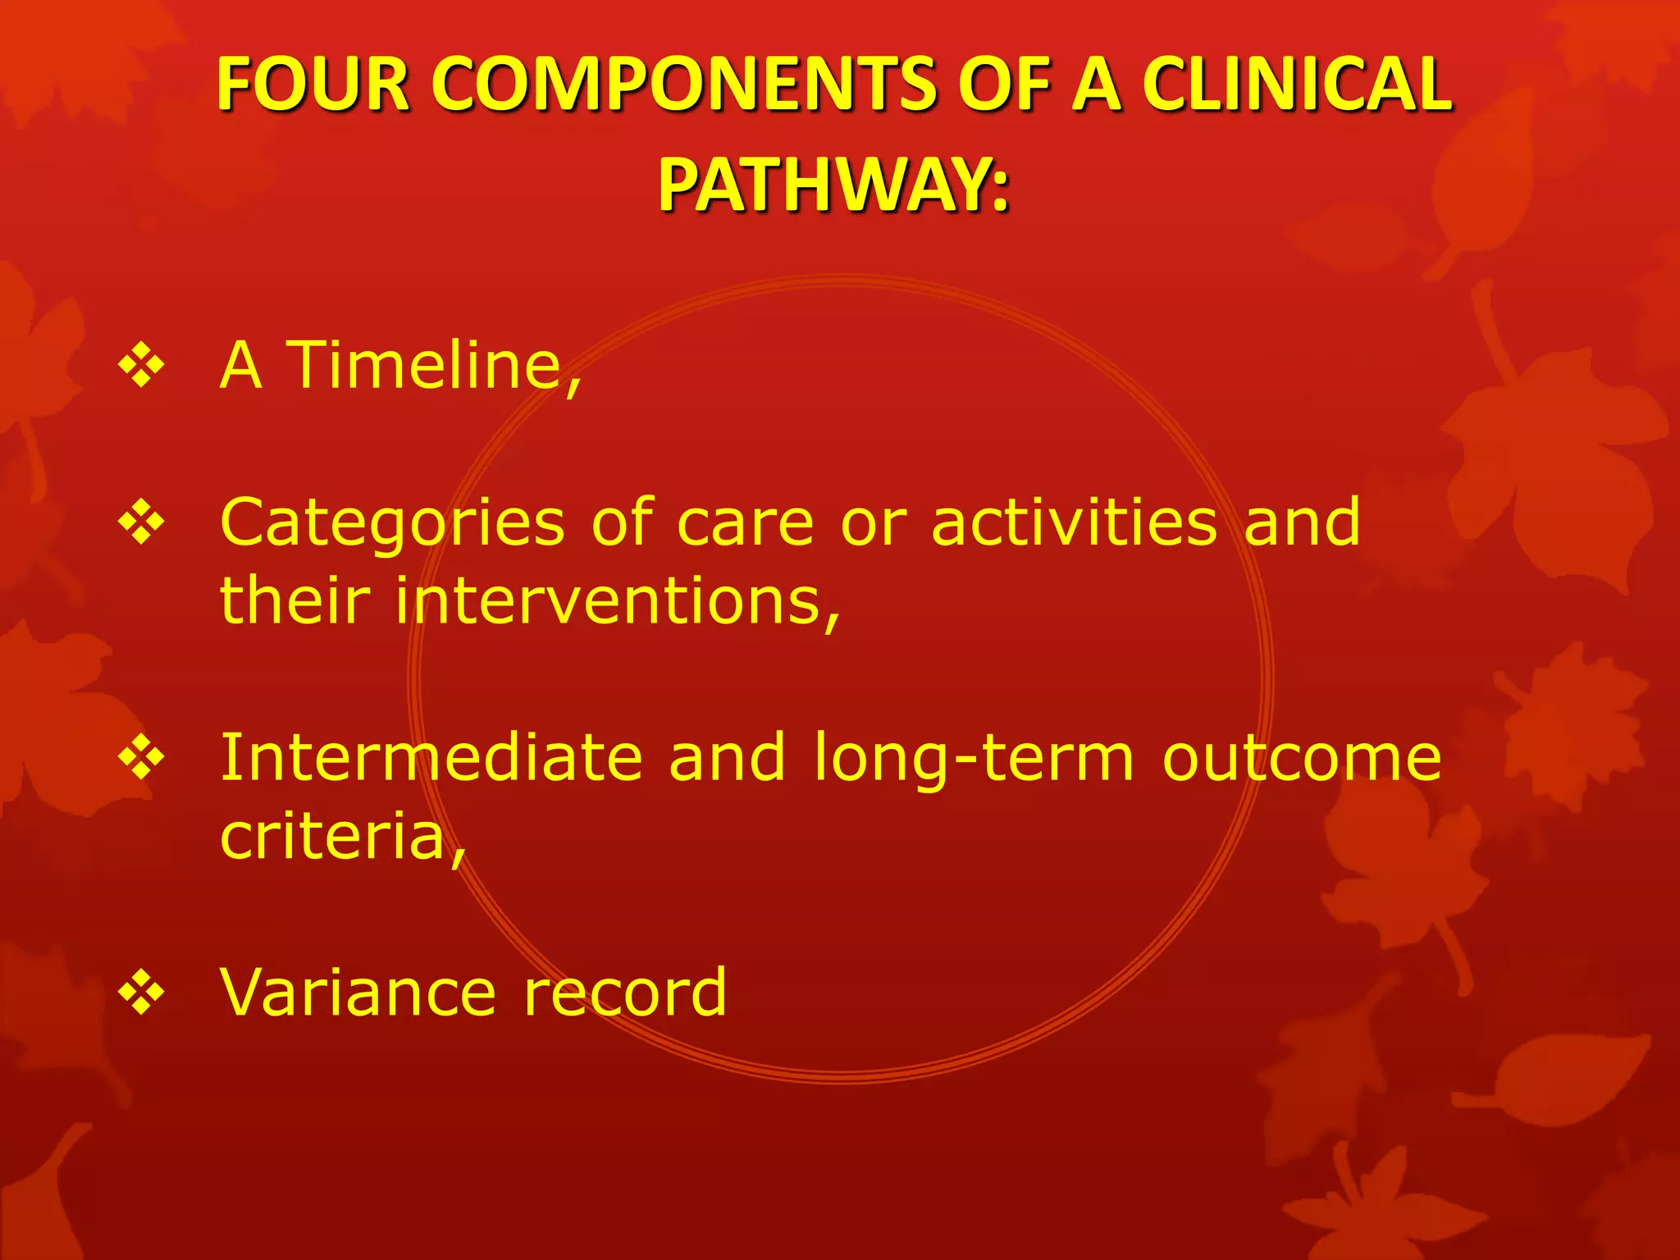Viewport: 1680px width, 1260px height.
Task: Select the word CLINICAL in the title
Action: coord(1296,84)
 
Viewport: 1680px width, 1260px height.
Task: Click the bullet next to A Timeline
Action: coord(141,366)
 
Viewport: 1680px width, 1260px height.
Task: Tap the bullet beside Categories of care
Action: coord(141,523)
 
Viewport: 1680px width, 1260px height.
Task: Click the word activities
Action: coord(1075,523)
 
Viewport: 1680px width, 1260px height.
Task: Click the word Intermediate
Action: coord(431,758)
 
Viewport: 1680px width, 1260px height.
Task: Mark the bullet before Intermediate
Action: coord(141,758)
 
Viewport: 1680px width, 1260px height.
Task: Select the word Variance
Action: coord(358,993)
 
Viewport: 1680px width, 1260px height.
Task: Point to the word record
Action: coord(625,993)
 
